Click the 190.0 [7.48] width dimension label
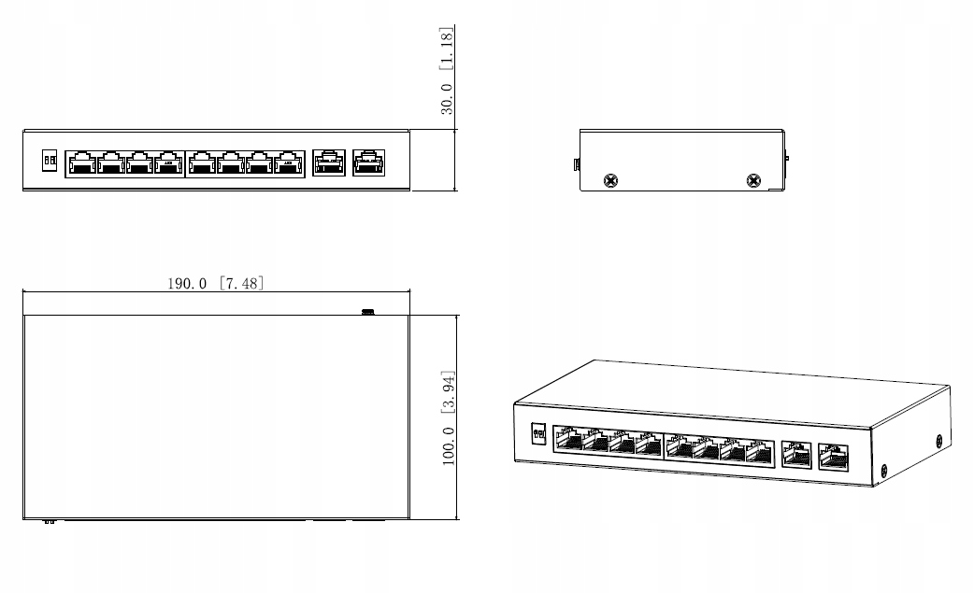point(215,282)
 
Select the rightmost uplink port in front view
point(365,162)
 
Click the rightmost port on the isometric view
point(832,458)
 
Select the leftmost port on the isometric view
point(568,438)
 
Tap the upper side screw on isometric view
point(938,439)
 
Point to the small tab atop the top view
point(368,311)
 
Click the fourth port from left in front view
point(169,162)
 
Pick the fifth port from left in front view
point(201,162)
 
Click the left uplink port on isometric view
point(796,454)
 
